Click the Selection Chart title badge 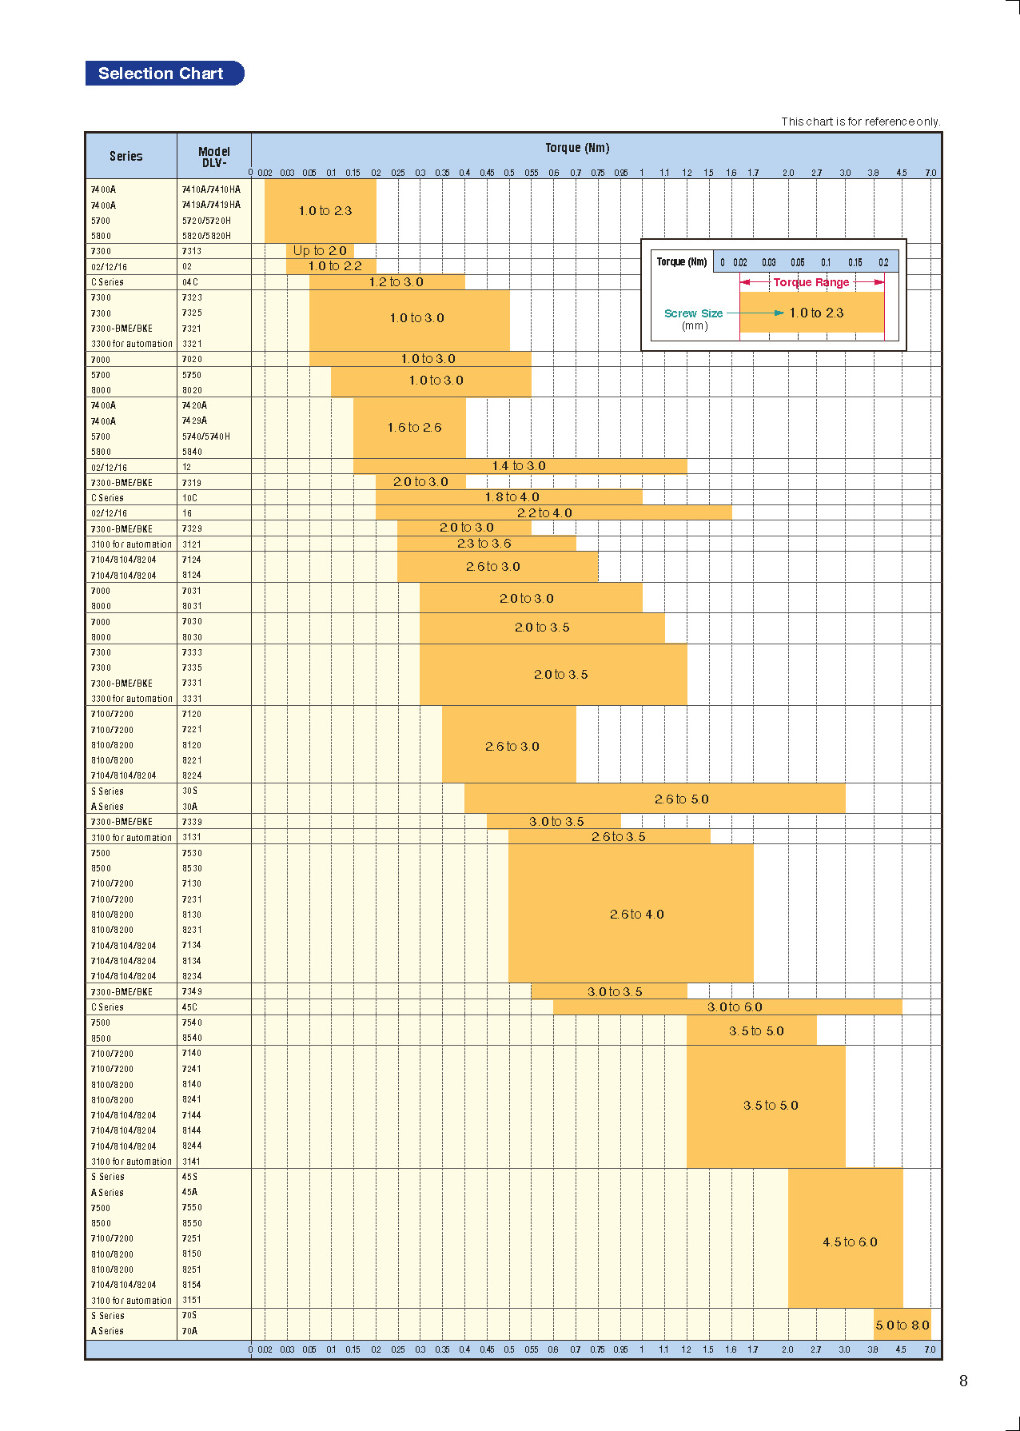pyautogui.click(x=164, y=74)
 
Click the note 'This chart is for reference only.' pyautogui.click(x=860, y=122)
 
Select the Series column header pyautogui.click(x=126, y=156)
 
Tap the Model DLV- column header pyautogui.click(x=213, y=157)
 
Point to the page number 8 pyautogui.click(x=963, y=1381)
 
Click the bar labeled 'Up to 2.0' pyautogui.click(x=320, y=251)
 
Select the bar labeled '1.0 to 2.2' pyautogui.click(x=334, y=266)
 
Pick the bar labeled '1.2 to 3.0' pyautogui.click(x=396, y=282)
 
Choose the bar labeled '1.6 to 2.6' pyautogui.click(x=414, y=428)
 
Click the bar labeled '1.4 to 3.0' pyautogui.click(x=519, y=466)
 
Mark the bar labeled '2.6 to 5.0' pyautogui.click(x=681, y=799)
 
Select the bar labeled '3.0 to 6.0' pyautogui.click(x=734, y=1007)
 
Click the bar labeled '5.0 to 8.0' pyautogui.click(x=902, y=1325)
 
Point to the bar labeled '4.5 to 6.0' pyautogui.click(x=849, y=1242)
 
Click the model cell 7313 pyautogui.click(x=192, y=251)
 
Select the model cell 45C pyautogui.click(x=189, y=1007)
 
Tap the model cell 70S pyautogui.click(x=189, y=1316)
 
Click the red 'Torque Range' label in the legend pyautogui.click(x=811, y=282)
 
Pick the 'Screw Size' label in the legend pyautogui.click(x=693, y=313)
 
